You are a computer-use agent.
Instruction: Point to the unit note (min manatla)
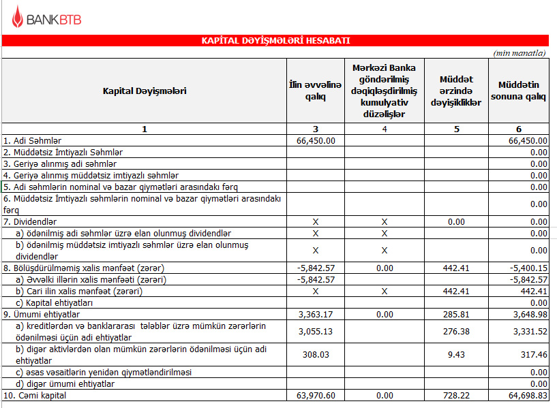coord(520,52)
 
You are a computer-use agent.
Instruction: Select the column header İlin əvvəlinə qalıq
coord(314,91)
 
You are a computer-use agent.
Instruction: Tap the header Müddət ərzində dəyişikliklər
coord(456,91)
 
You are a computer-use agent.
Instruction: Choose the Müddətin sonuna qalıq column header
coord(519,91)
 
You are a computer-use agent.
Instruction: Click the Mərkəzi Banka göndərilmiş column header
coord(385,91)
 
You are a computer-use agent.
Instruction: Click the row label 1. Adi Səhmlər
coord(33,140)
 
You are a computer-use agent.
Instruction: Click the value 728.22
coord(456,396)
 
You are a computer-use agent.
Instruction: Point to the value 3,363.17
coord(317,315)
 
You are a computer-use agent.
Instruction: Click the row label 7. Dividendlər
coord(30,222)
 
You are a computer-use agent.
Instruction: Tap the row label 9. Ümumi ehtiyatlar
coord(42,315)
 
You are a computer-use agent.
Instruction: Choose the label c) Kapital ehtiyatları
coord(54,302)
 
